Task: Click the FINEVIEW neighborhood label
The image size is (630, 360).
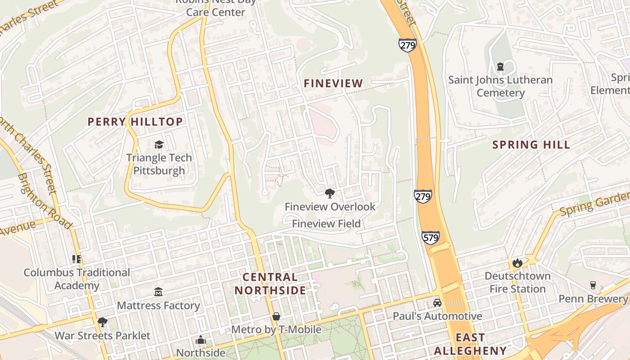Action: (333, 83)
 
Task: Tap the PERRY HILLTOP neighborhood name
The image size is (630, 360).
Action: (135, 121)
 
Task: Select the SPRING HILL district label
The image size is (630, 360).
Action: (531, 144)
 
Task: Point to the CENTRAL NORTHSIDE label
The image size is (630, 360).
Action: (270, 283)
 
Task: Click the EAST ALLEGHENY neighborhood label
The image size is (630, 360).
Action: (470, 344)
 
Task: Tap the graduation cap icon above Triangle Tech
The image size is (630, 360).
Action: (159, 144)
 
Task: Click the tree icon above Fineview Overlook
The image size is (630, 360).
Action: (330, 193)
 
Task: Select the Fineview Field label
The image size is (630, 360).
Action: (326, 224)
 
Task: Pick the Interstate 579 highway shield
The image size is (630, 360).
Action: (431, 238)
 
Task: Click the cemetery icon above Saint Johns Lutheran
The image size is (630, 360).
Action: (500, 67)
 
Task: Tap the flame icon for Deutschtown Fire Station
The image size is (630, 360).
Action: (517, 263)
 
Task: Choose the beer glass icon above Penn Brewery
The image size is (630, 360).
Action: (593, 285)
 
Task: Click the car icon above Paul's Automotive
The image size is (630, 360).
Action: (437, 303)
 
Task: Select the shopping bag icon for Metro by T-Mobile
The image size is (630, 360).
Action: (276, 316)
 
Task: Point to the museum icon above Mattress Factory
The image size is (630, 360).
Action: (158, 292)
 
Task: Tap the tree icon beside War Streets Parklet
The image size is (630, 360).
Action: (103, 322)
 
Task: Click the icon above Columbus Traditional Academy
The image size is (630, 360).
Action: (76, 259)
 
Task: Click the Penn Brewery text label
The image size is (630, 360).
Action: (593, 299)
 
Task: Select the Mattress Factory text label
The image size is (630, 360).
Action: (158, 306)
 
